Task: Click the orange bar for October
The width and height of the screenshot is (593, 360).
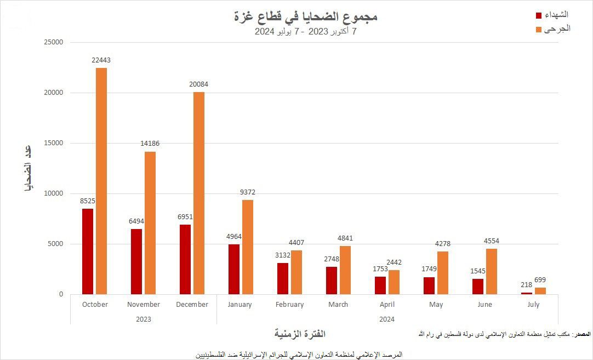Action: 101,181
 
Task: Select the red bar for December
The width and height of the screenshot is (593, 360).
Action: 185,259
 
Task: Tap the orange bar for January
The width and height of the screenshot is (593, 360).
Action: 248,247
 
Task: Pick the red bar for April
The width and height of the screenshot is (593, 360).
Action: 380,285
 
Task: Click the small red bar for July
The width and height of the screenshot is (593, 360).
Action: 527,293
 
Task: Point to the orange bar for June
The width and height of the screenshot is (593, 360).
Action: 492,271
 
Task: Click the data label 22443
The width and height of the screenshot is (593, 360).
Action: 101,60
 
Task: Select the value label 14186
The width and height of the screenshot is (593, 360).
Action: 150,144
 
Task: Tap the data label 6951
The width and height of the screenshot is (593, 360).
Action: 185,217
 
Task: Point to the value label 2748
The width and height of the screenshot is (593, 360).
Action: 332,259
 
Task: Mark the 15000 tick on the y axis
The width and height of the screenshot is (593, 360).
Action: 53,143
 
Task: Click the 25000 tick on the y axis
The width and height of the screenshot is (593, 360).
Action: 53,42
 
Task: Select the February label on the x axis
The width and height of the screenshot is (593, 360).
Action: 289,305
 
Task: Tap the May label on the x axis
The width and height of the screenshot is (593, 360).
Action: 436,305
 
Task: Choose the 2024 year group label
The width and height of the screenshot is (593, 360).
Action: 386,319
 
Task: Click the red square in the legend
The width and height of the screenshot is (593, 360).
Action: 538,15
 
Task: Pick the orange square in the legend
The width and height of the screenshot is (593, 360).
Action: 538,29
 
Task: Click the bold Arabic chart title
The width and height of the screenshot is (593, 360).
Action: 306,17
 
